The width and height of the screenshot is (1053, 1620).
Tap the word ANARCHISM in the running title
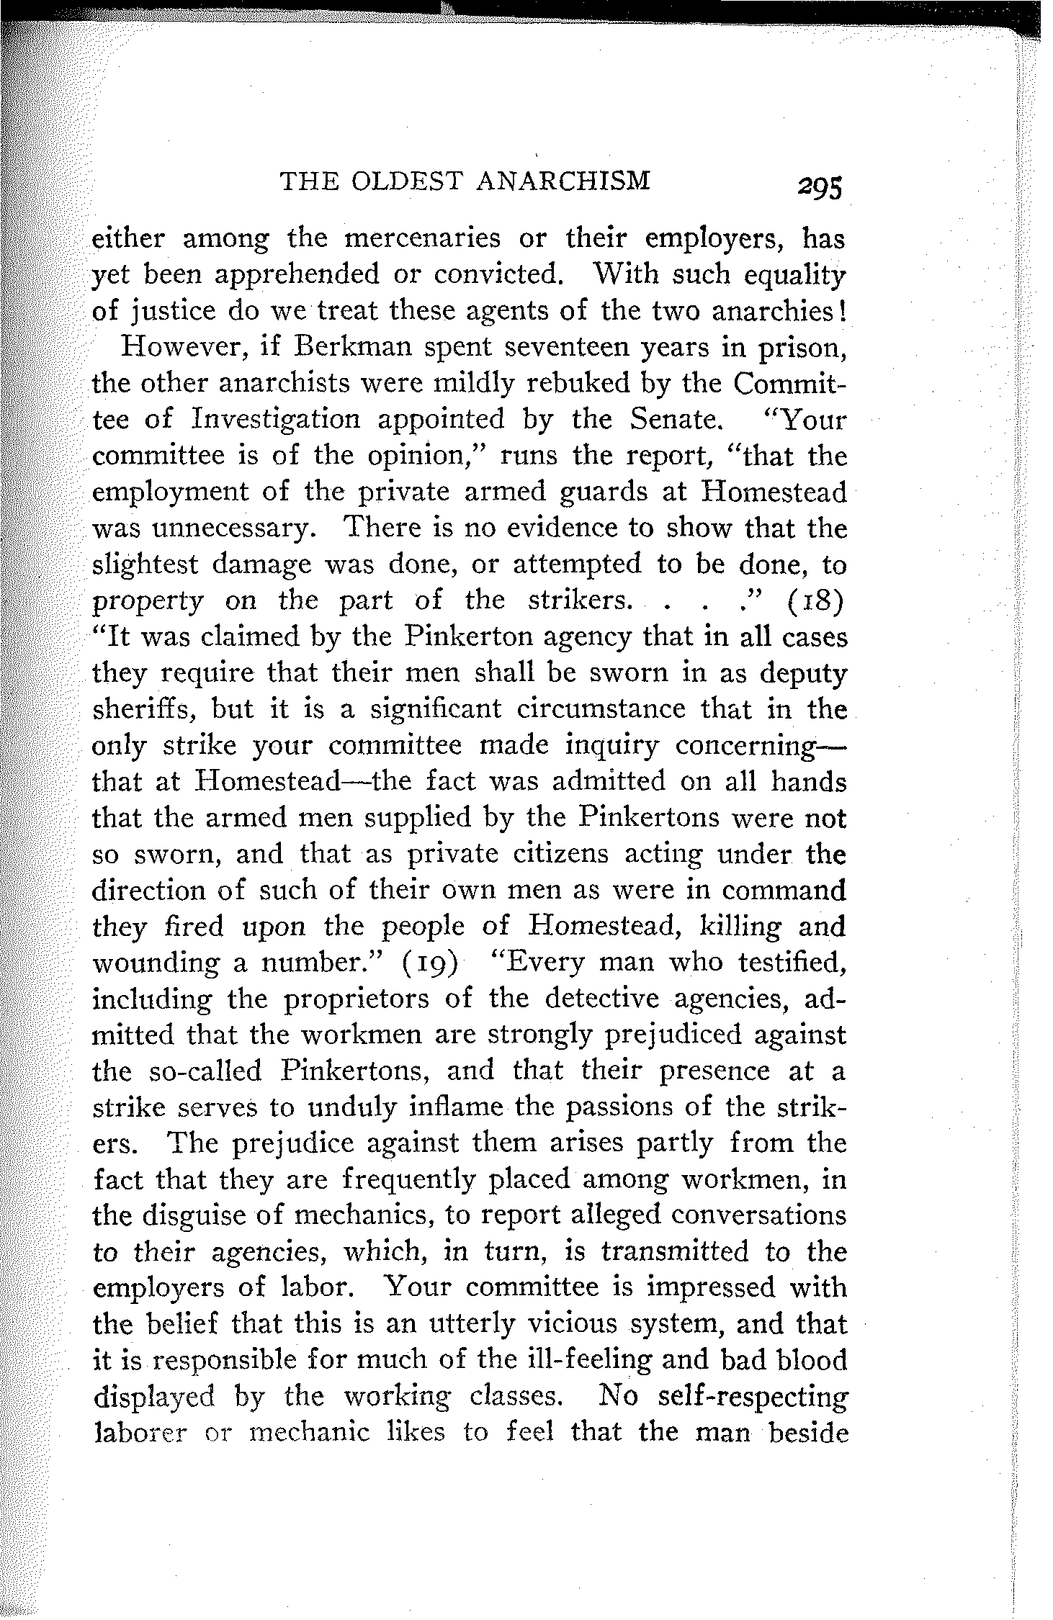point(564,180)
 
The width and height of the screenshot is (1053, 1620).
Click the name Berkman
point(346,347)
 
